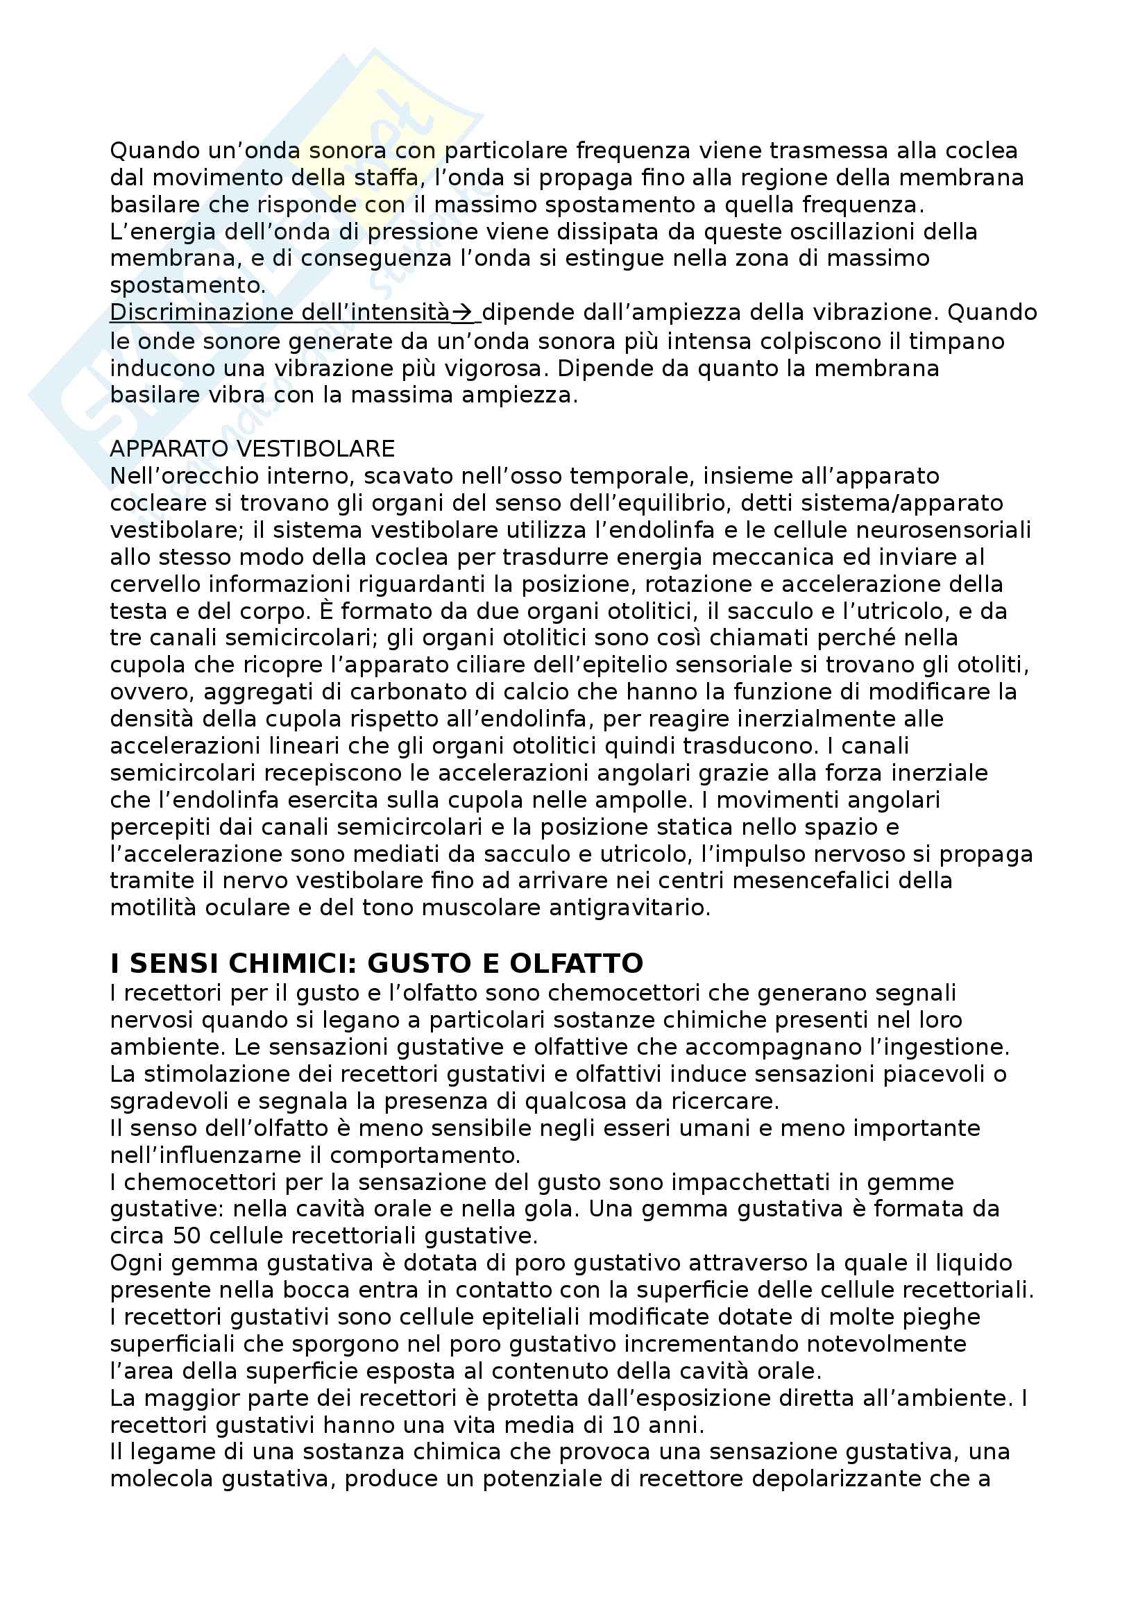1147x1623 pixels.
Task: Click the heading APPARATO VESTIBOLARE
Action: (x=253, y=449)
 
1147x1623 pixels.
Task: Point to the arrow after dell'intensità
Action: (x=464, y=312)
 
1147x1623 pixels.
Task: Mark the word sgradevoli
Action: (x=176, y=1101)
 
